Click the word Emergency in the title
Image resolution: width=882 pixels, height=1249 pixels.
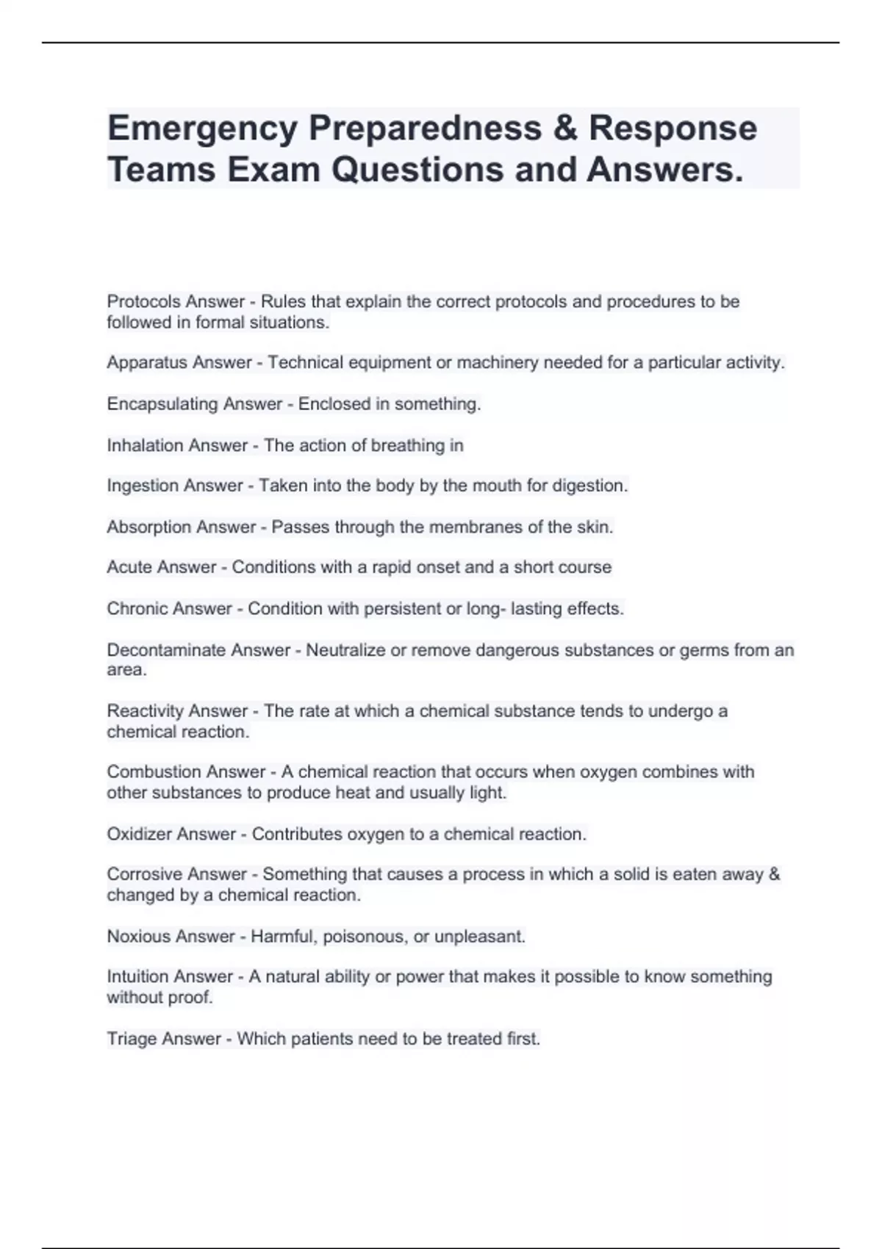click(x=202, y=129)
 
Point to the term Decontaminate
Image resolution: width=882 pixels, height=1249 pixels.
click(x=166, y=650)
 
